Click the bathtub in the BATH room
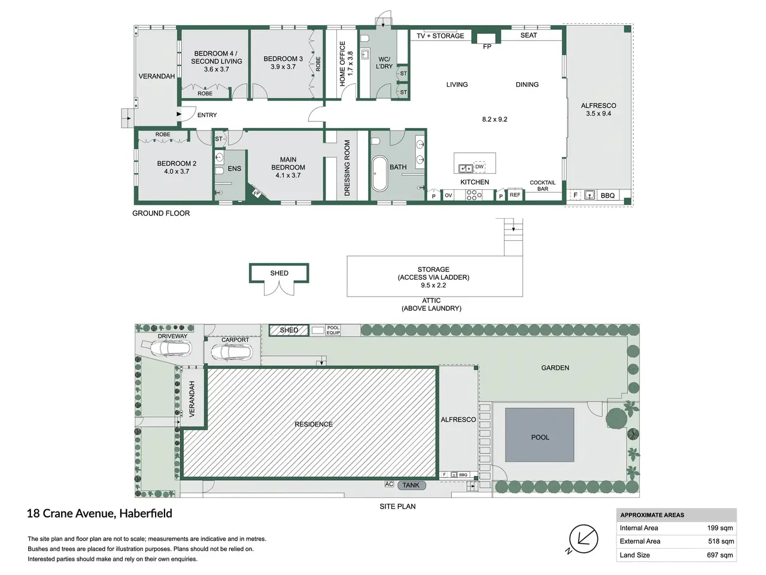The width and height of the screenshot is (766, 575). [x=379, y=173]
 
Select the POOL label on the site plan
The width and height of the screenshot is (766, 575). [x=540, y=437]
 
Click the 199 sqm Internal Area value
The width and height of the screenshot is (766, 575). [x=720, y=528]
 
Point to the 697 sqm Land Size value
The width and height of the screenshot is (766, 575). [x=720, y=555]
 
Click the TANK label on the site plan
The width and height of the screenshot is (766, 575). [x=411, y=485]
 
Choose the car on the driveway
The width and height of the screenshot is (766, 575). [x=167, y=347]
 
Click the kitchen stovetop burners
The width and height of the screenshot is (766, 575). [x=473, y=195]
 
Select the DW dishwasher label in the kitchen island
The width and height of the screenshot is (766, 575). [x=479, y=167]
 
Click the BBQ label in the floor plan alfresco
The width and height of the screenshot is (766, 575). [x=607, y=195]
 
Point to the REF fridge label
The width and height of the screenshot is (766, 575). [x=515, y=195]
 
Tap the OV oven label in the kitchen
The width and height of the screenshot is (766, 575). [x=448, y=195]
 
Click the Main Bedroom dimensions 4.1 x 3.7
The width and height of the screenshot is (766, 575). [x=288, y=175]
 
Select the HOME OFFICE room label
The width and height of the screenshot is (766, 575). [x=342, y=63]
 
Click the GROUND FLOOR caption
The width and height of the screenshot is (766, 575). [x=161, y=213]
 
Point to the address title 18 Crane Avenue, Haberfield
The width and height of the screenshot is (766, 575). [x=100, y=513]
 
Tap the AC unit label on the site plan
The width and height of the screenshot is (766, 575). [x=389, y=484]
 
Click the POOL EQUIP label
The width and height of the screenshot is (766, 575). [x=333, y=330]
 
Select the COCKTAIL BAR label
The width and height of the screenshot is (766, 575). [x=543, y=186]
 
